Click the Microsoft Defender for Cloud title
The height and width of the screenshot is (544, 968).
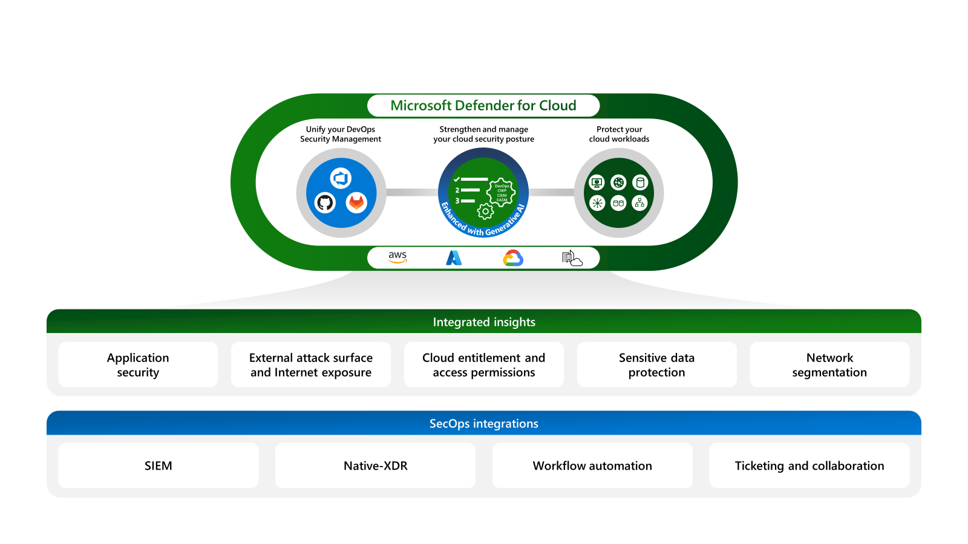483,106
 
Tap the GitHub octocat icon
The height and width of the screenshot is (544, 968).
325,202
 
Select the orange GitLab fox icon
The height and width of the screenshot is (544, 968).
356,202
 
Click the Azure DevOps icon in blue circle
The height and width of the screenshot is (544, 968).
341,178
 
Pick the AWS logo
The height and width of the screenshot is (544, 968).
397,257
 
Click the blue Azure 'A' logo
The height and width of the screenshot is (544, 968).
454,258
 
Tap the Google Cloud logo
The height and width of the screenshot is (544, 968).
513,258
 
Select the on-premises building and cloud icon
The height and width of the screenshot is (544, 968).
571,258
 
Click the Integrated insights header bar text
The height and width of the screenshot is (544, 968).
484,322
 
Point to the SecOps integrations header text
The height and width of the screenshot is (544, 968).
484,424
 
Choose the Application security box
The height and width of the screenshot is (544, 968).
138,364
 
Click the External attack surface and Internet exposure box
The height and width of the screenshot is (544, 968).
311,364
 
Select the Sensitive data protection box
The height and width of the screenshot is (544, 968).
656,364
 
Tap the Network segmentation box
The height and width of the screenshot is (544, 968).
829,364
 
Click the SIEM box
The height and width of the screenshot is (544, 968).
159,465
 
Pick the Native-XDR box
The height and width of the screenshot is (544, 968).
375,465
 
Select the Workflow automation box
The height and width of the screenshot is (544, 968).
592,465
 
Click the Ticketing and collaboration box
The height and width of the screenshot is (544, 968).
809,465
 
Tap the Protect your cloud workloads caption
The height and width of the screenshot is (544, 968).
619,134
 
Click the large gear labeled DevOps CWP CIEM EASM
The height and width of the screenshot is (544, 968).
502,193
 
